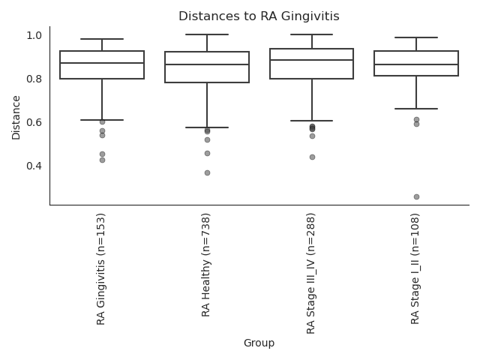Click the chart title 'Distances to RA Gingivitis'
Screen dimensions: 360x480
tap(259, 16)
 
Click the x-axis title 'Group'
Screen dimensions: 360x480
tap(259, 343)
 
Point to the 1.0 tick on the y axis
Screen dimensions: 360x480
tap(34, 35)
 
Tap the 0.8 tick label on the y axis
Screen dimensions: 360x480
tap(34, 79)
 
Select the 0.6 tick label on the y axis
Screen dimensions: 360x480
tap(34, 122)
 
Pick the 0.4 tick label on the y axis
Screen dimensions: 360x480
tap(34, 166)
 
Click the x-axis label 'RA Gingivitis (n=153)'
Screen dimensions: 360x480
tap(102, 268)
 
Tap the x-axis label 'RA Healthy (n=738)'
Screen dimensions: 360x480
tap(207, 263)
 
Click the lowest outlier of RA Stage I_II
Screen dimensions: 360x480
tap(416, 196)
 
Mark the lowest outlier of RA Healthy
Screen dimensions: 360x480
tap(207, 172)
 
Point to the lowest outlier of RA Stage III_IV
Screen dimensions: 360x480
tap(312, 157)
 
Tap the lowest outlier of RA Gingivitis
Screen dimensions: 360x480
tap(102, 160)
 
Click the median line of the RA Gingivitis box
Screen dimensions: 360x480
tap(102, 63)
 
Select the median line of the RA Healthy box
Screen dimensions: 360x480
tap(207, 64)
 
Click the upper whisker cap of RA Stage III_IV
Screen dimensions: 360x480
tap(312, 34)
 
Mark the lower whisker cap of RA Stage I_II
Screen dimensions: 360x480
tap(416, 109)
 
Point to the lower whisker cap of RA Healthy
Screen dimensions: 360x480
tap(207, 127)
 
